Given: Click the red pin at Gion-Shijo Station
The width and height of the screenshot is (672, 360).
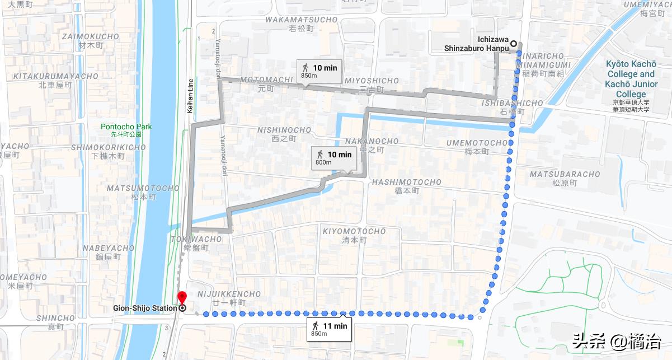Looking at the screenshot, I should [x=182, y=298].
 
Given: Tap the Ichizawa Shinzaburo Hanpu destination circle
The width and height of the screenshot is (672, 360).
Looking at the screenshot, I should [x=513, y=44].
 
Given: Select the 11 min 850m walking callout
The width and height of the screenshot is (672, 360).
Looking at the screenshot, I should [x=329, y=329].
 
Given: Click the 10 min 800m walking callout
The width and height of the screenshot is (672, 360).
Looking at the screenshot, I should [x=333, y=158].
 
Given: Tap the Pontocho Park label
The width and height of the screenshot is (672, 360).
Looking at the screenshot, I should [x=121, y=130].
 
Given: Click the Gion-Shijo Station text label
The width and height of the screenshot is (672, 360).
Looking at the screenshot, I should [x=145, y=308].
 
